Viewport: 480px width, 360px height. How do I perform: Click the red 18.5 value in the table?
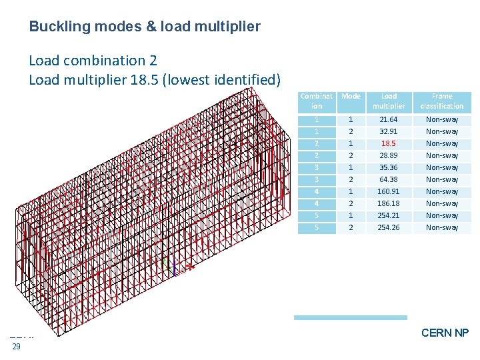tap(389, 143)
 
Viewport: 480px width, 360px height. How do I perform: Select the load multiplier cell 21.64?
tap(389, 119)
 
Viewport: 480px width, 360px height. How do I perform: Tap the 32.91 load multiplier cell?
tap(389, 131)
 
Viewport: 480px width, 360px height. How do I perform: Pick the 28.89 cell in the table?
tap(389, 155)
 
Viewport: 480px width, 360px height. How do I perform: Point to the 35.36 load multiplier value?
tap(389, 167)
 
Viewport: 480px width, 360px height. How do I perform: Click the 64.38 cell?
tap(389, 179)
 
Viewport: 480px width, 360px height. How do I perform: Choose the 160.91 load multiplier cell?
tap(389, 191)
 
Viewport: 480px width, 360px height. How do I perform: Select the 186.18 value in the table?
tap(389, 203)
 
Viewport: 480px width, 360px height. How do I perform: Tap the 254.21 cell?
tap(389, 215)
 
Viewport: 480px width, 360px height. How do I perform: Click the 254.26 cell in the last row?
tap(389, 227)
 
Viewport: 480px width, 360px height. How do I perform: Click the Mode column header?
tap(351, 97)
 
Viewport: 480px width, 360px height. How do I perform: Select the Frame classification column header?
tap(442, 101)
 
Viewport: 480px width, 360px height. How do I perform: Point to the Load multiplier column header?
tap(389, 101)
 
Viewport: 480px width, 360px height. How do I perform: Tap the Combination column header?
tap(317, 101)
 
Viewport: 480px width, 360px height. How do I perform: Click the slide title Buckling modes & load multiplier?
tap(145, 27)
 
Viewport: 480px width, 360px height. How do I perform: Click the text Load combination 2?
tap(93, 60)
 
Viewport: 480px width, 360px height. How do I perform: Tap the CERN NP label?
tap(445, 333)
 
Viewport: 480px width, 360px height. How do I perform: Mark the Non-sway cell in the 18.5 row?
tap(442, 143)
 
